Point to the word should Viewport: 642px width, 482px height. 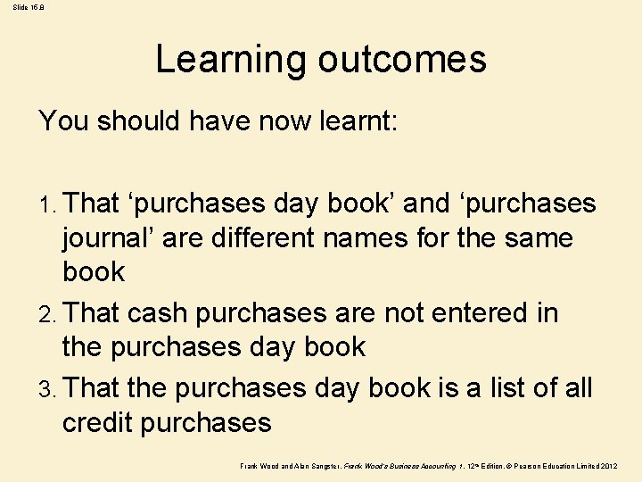(x=139, y=120)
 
